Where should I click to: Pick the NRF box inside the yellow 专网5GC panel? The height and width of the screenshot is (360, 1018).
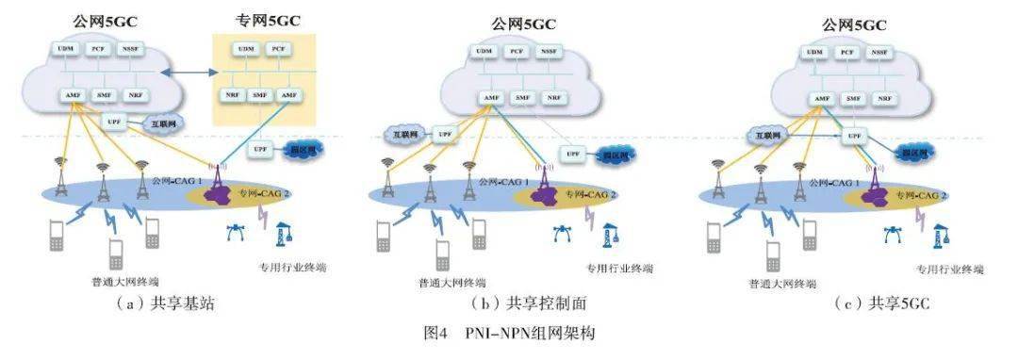[x=231, y=95]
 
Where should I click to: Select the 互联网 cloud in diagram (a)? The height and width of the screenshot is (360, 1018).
[x=164, y=123]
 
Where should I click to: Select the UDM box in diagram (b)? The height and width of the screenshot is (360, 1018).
[x=484, y=52]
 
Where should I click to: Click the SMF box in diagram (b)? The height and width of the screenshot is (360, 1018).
[x=521, y=97]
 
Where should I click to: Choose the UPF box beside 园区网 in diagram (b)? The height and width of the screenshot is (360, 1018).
[x=571, y=153]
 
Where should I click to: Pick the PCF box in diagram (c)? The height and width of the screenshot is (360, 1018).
[x=846, y=52]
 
